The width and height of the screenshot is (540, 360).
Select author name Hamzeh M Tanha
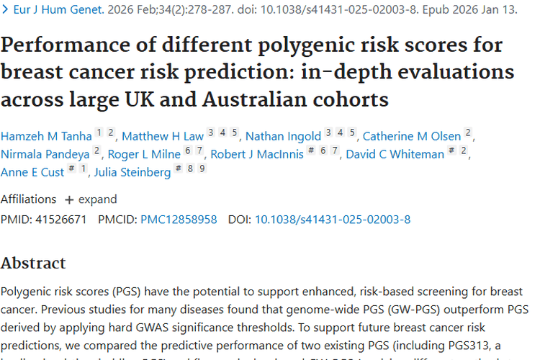pyautogui.click(x=45, y=136)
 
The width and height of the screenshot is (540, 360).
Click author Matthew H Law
pyautogui.click(x=163, y=136)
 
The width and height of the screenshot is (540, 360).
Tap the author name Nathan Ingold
pyautogui.click(x=284, y=136)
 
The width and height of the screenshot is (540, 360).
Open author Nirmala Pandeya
pyautogui.click(x=45, y=154)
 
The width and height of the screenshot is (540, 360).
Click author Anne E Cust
pyautogui.click(x=32, y=172)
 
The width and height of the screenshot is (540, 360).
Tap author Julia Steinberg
pyautogui.click(x=132, y=172)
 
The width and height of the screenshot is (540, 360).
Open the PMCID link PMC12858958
pyautogui.click(x=179, y=219)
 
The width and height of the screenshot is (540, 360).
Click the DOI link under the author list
pyautogui.click(x=333, y=219)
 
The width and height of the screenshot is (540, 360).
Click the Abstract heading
pyautogui.click(x=33, y=263)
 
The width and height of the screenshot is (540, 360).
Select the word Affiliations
pyautogui.click(x=28, y=199)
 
